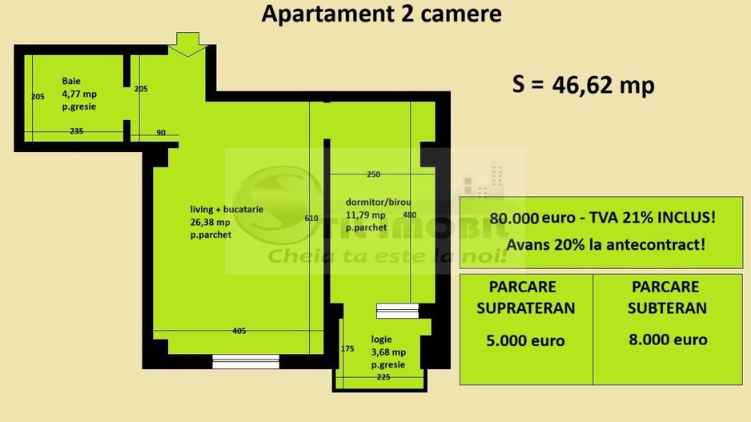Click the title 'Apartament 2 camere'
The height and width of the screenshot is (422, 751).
click(x=382, y=15)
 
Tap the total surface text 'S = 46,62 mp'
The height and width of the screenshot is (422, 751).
click(x=583, y=85)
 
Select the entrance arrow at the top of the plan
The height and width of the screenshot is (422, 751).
click(x=187, y=44)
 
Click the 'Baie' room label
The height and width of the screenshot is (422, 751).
click(x=71, y=81)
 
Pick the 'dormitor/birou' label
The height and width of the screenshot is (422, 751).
click(x=378, y=202)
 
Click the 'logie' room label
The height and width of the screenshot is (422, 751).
click(x=382, y=339)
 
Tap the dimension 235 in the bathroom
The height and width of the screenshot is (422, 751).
click(x=77, y=131)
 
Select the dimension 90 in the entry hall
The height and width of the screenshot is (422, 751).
click(x=161, y=133)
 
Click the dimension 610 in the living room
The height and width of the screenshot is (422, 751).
click(x=311, y=218)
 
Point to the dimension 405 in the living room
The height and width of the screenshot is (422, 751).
click(x=239, y=331)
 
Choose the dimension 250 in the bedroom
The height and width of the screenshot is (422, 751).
click(x=373, y=174)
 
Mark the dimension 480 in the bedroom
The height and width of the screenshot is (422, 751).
click(x=409, y=215)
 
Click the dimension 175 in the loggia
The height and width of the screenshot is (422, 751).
click(x=347, y=348)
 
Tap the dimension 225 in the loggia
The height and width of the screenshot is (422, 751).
click(x=384, y=377)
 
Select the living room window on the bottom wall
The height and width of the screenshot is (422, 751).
click(x=245, y=362)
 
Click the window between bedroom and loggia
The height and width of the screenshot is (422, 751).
click(x=397, y=311)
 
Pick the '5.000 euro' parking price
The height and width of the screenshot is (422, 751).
click(x=525, y=340)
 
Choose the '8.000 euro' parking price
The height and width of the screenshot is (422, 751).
click(x=668, y=340)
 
